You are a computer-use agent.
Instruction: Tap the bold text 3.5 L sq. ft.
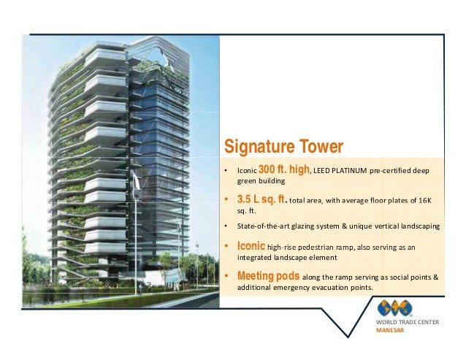pyautogui.click(x=266, y=199)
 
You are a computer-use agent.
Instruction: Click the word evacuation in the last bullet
pyautogui.click(x=332, y=288)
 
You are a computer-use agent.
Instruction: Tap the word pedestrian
pyautogui.click(x=322, y=248)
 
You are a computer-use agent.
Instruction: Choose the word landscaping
pyautogui.click(x=418, y=227)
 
